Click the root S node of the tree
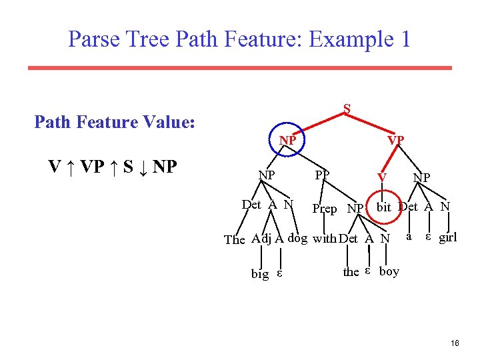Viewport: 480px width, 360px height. (x=347, y=108)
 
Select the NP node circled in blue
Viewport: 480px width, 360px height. (x=288, y=141)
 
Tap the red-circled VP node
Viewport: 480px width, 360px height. (x=396, y=141)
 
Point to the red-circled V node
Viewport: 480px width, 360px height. (x=381, y=177)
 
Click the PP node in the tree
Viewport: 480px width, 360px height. (x=322, y=175)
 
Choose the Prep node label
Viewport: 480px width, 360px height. (x=325, y=209)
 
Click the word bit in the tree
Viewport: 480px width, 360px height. (x=383, y=207)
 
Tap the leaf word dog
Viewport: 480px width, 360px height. (x=297, y=238)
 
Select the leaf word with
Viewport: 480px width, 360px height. (x=325, y=238)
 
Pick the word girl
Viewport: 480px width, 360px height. (x=447, y=237)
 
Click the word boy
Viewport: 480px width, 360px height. (x=389, y=271)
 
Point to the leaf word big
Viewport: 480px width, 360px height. (x=260, y=273)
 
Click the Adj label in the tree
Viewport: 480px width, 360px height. (x=261, y=239)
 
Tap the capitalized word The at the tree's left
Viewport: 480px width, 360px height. (x=235, y=239)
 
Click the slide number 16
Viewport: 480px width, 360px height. (x=455, y=343)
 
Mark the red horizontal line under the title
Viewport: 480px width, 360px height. (x=239, y=67)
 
